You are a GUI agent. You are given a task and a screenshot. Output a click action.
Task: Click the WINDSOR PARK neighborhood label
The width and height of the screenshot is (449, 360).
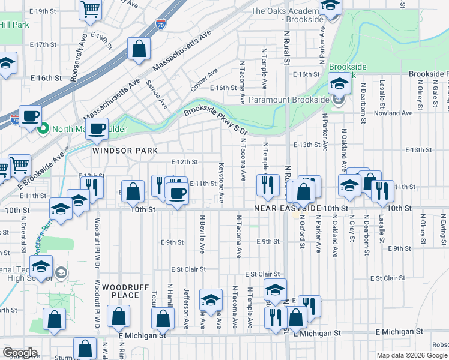pyautogui.click(x=125, y=151)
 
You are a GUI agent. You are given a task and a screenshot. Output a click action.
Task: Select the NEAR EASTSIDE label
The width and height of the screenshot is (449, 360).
pyautogui.click(x=287, y=208)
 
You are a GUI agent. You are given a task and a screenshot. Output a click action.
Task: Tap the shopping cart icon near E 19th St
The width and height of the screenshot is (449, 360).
pyautogui.click(x=90, y=8)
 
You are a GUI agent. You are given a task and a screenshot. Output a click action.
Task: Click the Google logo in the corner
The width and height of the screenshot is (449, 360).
pyautogui.click(x=20, y=353)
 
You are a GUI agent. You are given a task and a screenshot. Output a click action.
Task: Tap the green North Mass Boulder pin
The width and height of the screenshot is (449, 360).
pyautogui.click(x=43, y=128)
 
